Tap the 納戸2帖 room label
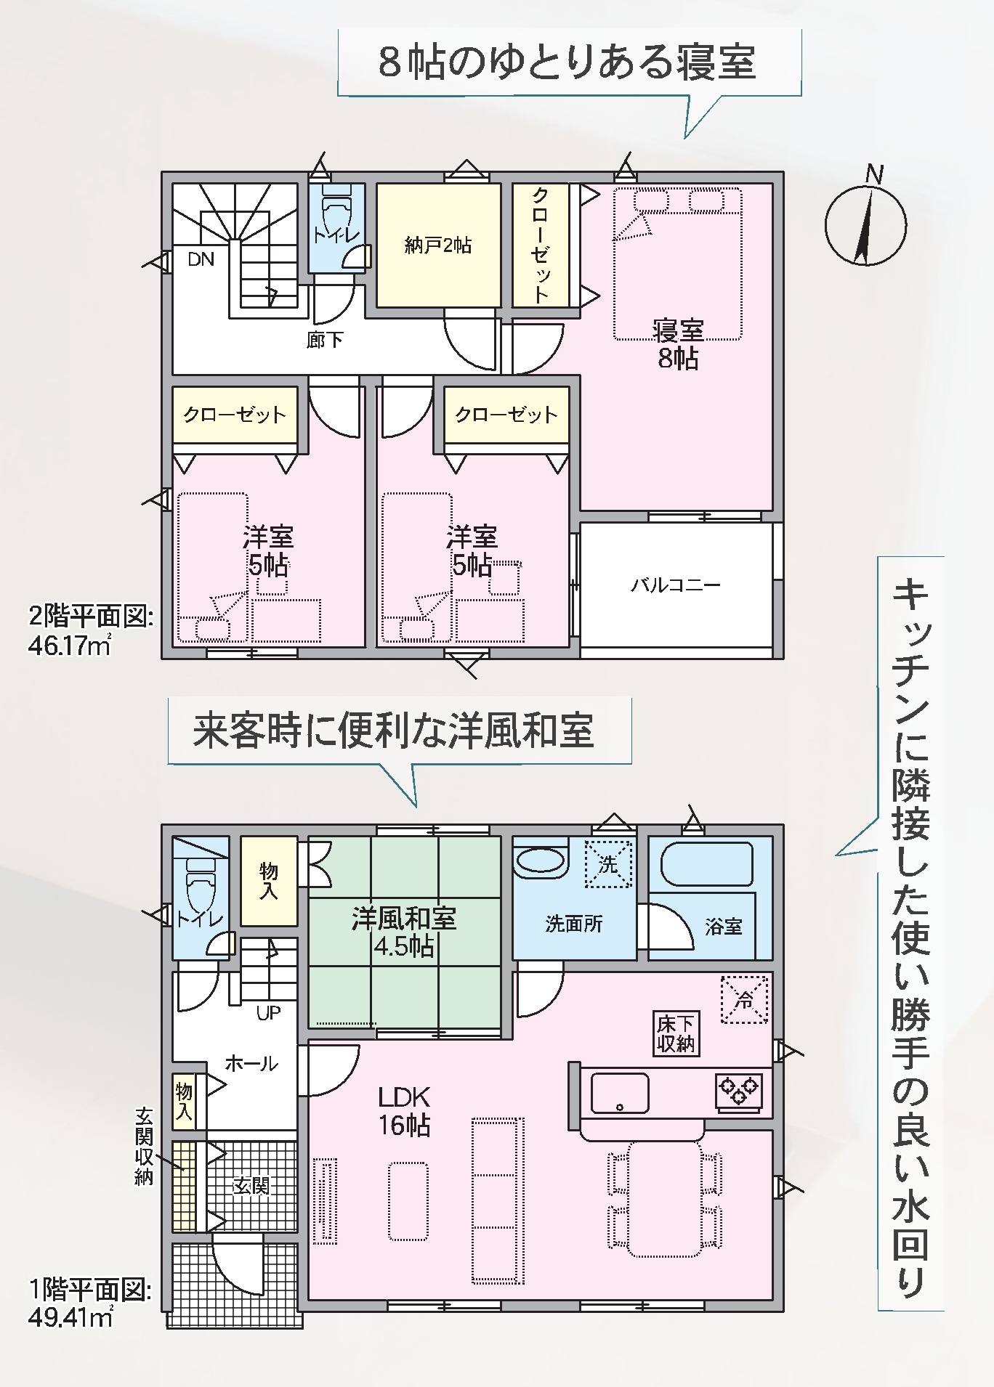[437, 245]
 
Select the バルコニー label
[676, 585]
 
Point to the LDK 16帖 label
[404, 1111]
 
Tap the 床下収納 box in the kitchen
[676, 1034]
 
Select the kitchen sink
[620, 1094]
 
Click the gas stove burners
[738, 1091]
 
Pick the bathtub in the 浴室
[706, 864]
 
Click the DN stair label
[201, 259]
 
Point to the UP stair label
[268, 1013]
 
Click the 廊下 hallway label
[325, 339]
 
